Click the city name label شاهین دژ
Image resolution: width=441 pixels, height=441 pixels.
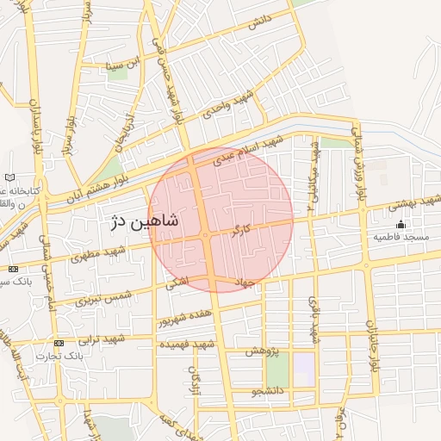pos(144,222)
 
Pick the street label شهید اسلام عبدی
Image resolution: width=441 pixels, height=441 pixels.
pos(249,150)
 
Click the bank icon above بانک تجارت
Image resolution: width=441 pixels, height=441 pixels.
pos(59,343)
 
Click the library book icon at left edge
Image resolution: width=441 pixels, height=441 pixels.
pos(9,177)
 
